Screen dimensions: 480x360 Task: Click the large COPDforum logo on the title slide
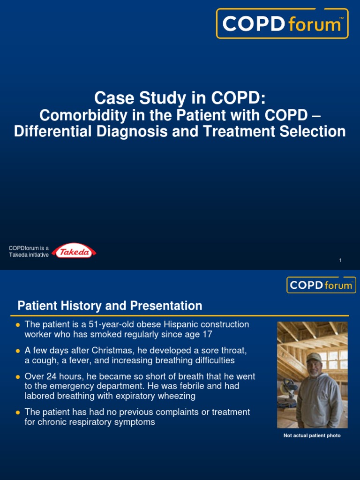coord(282,23)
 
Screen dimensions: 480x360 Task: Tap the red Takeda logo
coord(74,252)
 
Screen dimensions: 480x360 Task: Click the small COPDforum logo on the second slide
coord(321,285)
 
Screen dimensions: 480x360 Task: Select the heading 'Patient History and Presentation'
coord(110,306)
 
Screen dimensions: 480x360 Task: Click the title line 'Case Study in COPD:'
coord(180,98)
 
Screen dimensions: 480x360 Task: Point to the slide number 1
coord(340,260)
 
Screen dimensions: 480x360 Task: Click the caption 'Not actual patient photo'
coord(312,435)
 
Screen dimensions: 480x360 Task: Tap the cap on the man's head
coord(314,358)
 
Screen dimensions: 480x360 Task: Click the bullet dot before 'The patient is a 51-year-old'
coord(18,324)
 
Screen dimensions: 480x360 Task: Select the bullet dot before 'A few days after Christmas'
coord(18,351)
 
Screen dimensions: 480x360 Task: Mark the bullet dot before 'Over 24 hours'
coord(18,377)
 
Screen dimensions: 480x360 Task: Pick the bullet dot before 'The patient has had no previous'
coord(18,412)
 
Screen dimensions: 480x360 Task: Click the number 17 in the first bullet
coord(207,334)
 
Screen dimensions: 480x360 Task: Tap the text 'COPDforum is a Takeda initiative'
coord(29,251)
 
